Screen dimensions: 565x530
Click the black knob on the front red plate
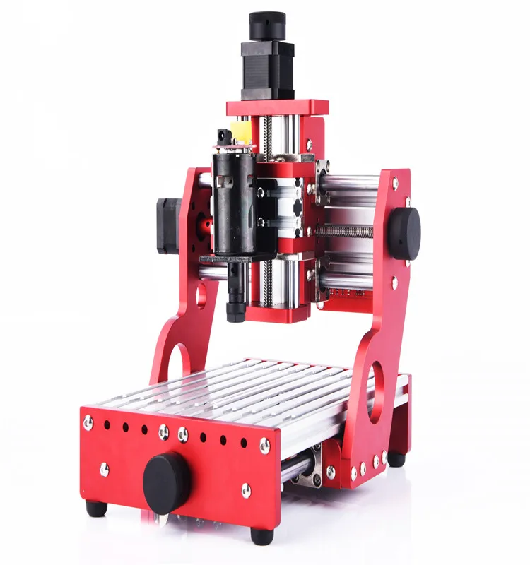click(x=167, y=482)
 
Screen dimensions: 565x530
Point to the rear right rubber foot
click(x=396, y=458)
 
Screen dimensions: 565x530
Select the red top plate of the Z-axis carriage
click(x=277, y=108)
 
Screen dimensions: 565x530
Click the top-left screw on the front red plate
click(x=88, y=422)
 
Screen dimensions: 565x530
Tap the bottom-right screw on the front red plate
click(x=246, y=490)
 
